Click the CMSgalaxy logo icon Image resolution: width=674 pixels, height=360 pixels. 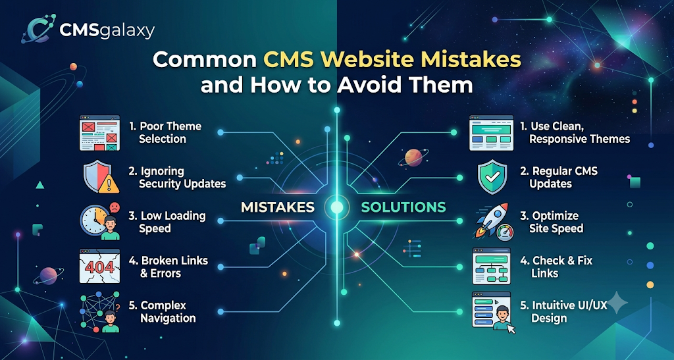click(38, 28)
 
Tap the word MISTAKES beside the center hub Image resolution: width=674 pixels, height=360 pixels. click(278, 207)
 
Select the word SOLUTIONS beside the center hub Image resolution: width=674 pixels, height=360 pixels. click(403, 207)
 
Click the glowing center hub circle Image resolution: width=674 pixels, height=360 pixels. click(337, 207)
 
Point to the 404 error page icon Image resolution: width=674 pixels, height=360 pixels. click(100, 266)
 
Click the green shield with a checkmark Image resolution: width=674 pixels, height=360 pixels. click(492, 177)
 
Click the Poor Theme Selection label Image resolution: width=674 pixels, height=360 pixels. click(165, 132)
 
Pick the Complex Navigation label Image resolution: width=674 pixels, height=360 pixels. click(163, 311)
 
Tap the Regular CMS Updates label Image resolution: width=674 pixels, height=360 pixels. click(559, 177)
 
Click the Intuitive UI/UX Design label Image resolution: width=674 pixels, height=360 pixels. click(563, 311)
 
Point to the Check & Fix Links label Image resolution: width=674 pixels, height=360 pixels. click(556, 267)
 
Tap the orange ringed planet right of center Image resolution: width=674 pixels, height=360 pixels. click(413, 158)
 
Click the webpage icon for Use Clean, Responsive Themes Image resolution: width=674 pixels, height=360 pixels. click(491, 133)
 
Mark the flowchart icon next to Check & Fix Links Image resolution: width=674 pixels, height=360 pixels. click(491, 266)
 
